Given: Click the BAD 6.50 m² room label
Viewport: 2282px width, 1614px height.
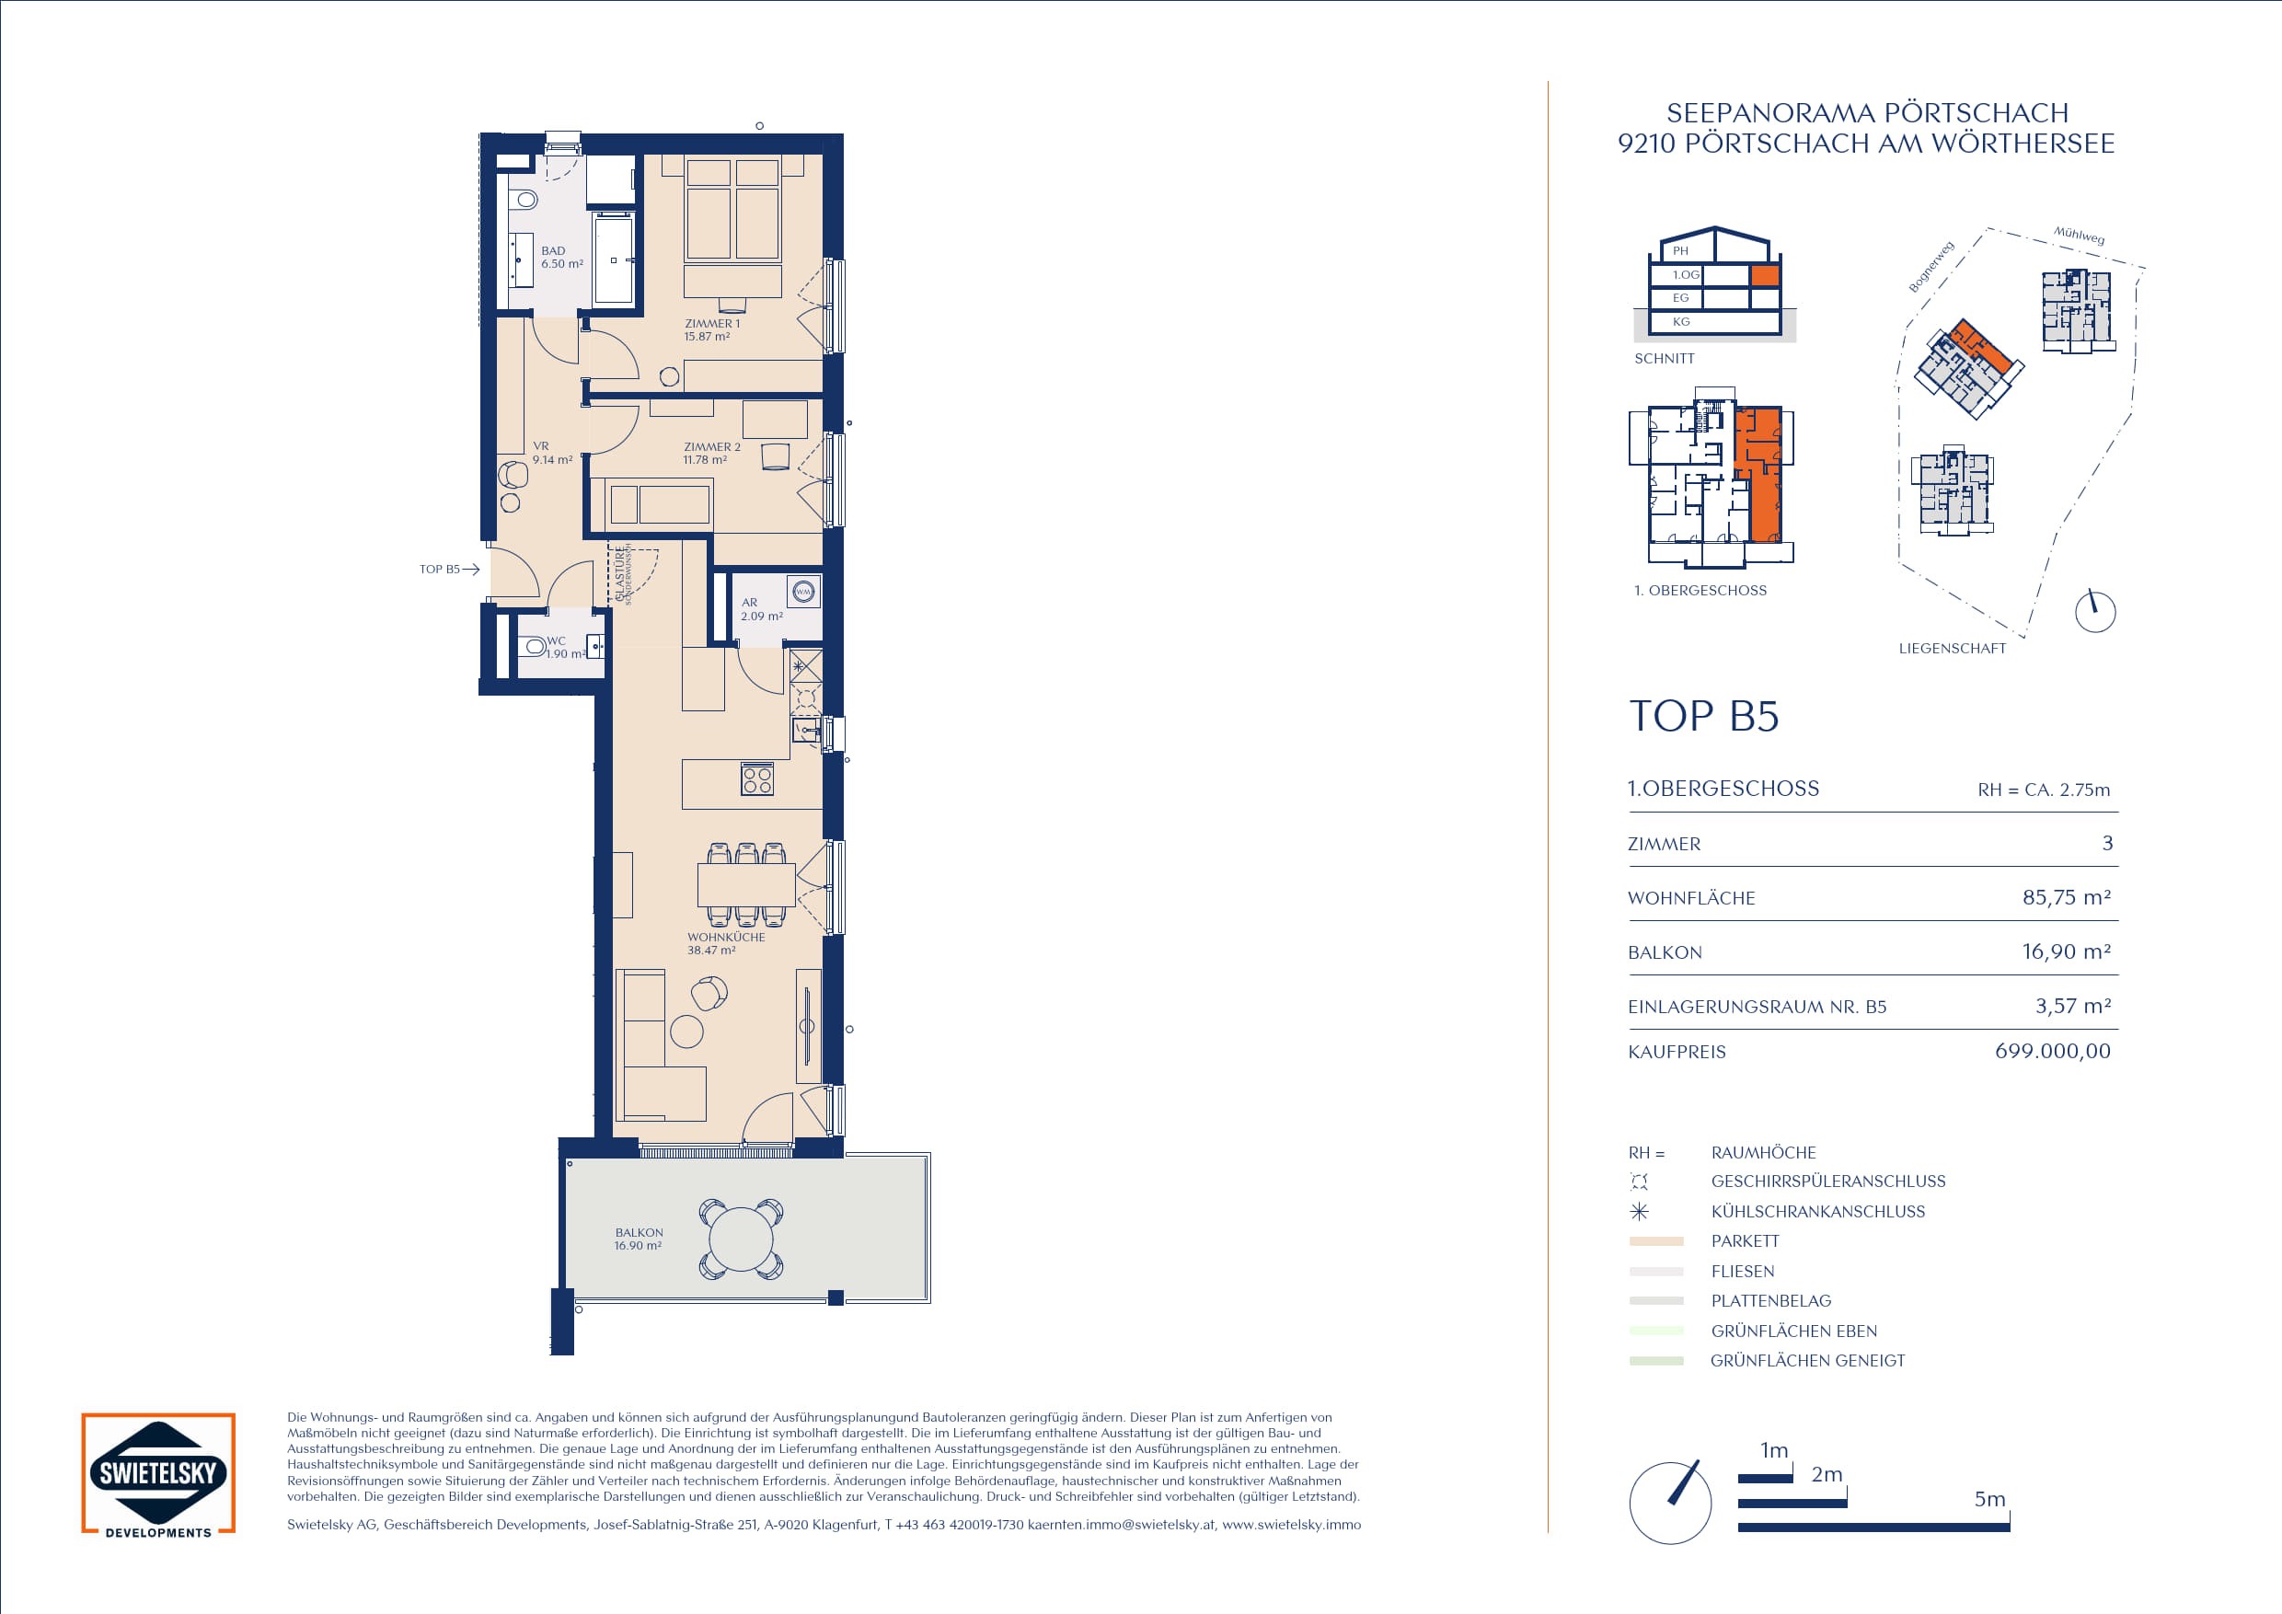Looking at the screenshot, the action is pyautogui.click(x=561, y=258).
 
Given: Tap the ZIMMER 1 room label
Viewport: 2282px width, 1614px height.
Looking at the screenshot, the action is pyautogui.click(x=711, y=330).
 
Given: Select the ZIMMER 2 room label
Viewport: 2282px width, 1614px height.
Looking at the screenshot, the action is pyautogui.click(x=711, y=454).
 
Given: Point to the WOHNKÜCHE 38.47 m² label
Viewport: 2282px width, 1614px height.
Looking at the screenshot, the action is pyautogui.click(x=726, y=943).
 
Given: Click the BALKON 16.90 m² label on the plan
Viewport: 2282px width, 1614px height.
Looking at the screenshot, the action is pyautogui.click(x=638, y=1239).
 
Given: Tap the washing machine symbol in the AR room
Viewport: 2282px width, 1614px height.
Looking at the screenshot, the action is pyautogui.click(x=803, y=593).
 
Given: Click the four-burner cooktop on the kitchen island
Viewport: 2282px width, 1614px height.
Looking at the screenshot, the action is pyautogui.click(x=757, y=780).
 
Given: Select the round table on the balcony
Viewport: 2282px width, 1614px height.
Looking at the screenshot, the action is pyautogui.click(x=741, y=1239).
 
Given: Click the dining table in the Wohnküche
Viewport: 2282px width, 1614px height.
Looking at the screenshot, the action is pyautogui.click(x=746, y=883).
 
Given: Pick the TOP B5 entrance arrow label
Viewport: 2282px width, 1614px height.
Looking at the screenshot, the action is pyautogui.click(x=449, y=570).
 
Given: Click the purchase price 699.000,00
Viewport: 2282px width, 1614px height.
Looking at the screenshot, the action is pyautogui.click(x=2052, y=1051).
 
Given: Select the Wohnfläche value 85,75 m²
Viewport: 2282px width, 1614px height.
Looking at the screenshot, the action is pyautogui.click(x=2067, y=897).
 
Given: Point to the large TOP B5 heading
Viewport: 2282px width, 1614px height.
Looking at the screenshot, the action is pyautogui.click(x=1703, y=716).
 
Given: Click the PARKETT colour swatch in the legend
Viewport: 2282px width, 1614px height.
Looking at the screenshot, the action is pyautogui.click(x=1656, y=1241).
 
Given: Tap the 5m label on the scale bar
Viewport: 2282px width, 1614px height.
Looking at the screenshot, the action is pyautogui.click(x=1989, y=1499).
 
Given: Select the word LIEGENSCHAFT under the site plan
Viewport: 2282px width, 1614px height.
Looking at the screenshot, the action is pyautogui.click(x=1952, y=648).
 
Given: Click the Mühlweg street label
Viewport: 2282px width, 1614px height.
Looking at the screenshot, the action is pyautogui.click(x=2080, y=236).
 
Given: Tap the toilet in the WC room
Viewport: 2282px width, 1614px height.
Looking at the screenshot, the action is pyautogui.click(x=534, y=647).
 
